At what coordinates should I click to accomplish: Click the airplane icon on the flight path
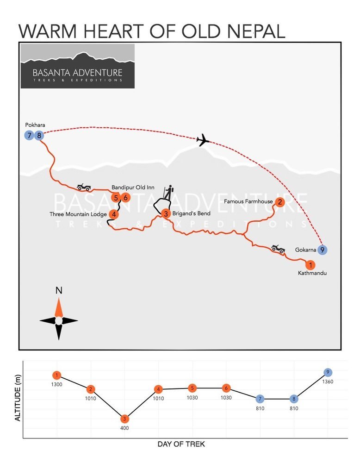click(203, 140)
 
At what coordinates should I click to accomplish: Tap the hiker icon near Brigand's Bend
click(168, 193)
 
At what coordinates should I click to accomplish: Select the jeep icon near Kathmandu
click(278, 249)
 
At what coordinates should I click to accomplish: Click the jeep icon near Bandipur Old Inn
click(84, 187)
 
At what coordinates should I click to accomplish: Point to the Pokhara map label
click(35, 125)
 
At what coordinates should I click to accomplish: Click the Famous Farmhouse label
click(248, 201)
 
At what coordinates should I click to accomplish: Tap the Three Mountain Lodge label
click(78, 214)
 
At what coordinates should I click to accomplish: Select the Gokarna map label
click(305, 250)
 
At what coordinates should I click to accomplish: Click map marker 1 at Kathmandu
click(310, 265)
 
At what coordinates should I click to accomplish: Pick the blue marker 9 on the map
click(322, 250)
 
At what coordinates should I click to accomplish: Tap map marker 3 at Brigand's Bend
click(166, 213)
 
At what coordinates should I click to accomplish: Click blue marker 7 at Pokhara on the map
click(29, 136)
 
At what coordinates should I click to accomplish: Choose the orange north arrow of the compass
click(59, 307)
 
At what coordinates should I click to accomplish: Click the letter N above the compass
click(59, 291)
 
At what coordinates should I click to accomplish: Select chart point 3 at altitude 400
click(124, 419)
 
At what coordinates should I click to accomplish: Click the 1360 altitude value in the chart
click(328, 382)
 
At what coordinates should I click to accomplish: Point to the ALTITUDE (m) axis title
click(18, 398)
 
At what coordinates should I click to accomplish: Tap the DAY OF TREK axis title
click(181, 444)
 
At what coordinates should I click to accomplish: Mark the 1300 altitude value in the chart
click(56, 384)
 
